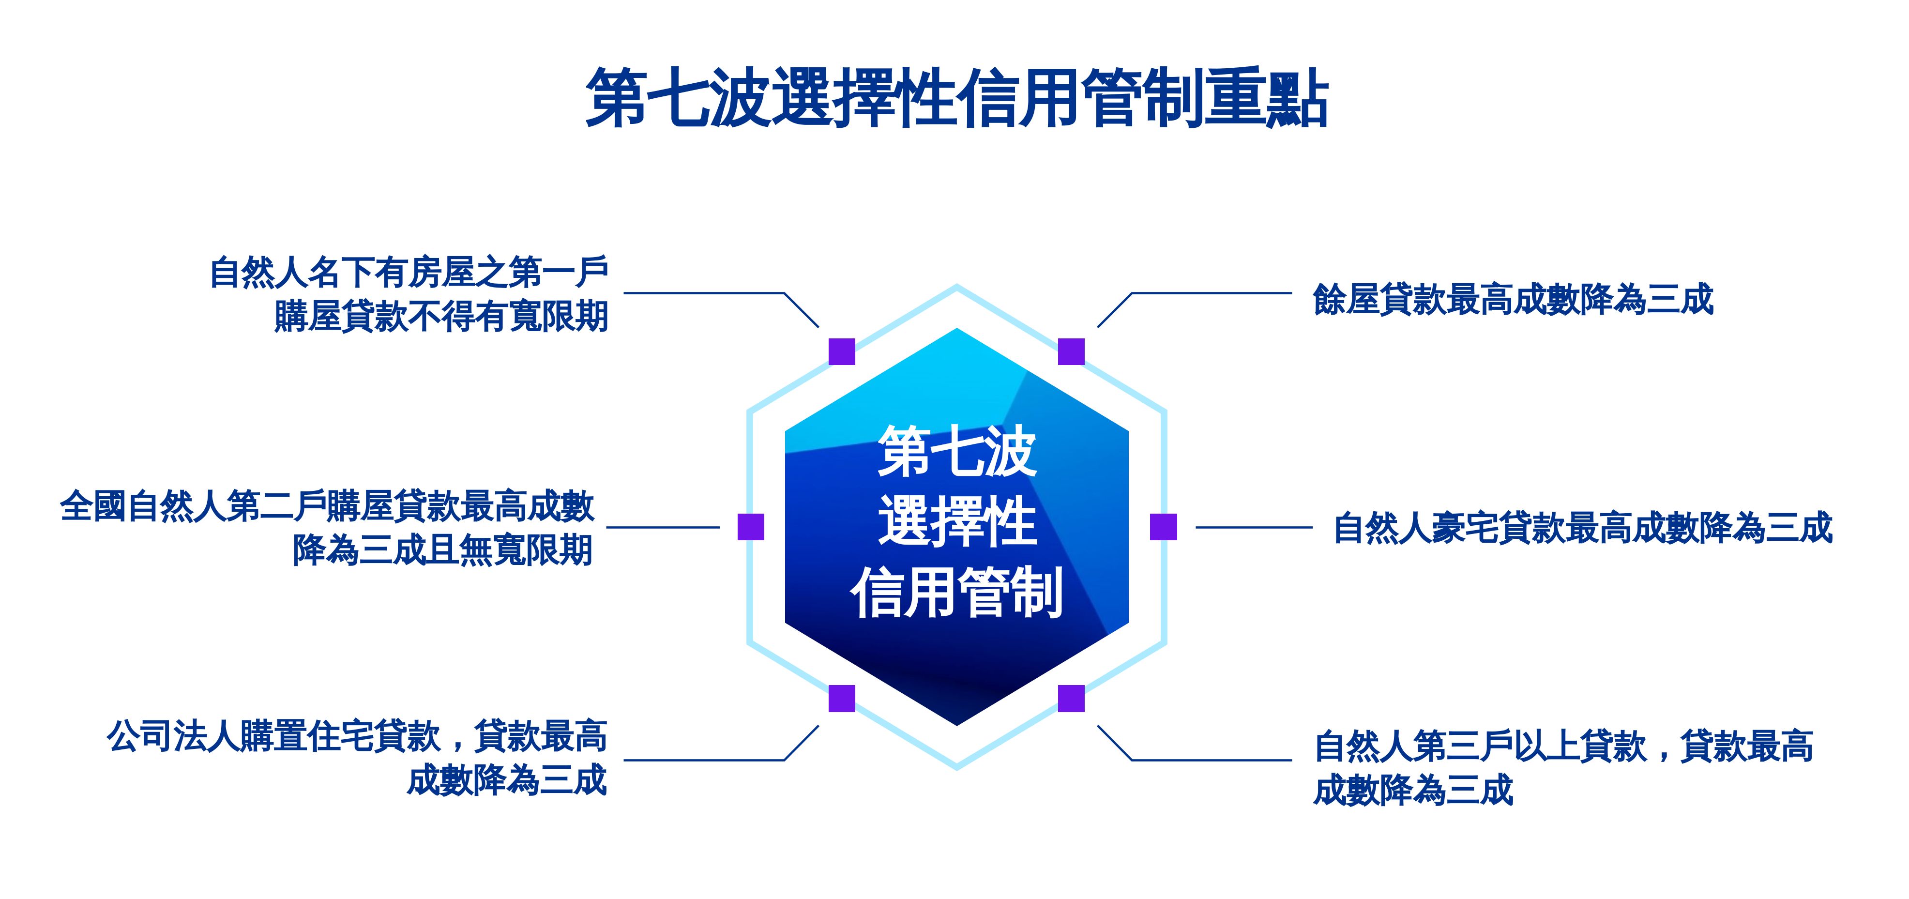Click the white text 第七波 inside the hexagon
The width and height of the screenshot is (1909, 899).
point(957,451)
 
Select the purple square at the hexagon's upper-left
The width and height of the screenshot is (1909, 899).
point(841,351)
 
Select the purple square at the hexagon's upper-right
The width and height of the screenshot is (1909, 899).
point(1071,351)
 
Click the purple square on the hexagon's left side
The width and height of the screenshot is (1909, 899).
point(751,527)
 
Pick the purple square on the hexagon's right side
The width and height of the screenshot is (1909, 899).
point(1164,527)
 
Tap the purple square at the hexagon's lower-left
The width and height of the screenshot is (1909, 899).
point(841,698)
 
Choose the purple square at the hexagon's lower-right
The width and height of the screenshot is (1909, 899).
point(1071,698)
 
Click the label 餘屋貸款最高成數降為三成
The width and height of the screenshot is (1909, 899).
point(1513,299)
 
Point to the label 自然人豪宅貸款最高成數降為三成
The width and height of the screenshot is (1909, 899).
point(1582,528)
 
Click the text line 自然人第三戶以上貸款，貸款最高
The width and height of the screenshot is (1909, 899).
point(1564,746)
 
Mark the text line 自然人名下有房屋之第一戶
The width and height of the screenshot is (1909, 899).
point(409,272)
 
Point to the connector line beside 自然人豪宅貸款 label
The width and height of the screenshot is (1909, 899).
point(1254,528)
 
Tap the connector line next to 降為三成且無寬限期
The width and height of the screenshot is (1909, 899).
point(663,528)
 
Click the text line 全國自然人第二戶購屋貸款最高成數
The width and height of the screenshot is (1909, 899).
point(327,506)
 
